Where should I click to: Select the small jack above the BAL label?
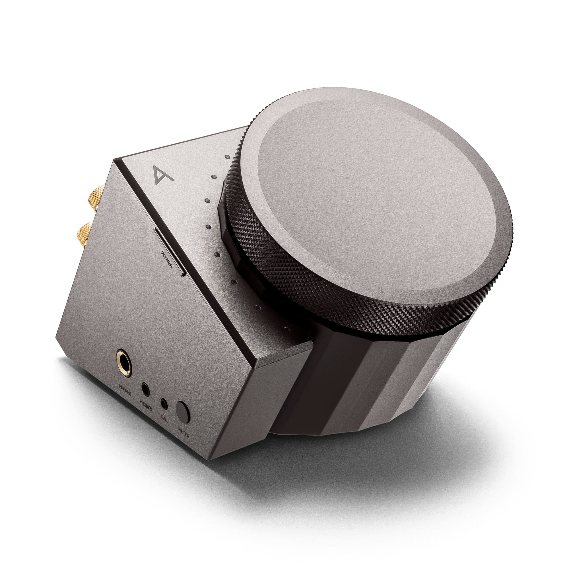pos(164,404)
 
